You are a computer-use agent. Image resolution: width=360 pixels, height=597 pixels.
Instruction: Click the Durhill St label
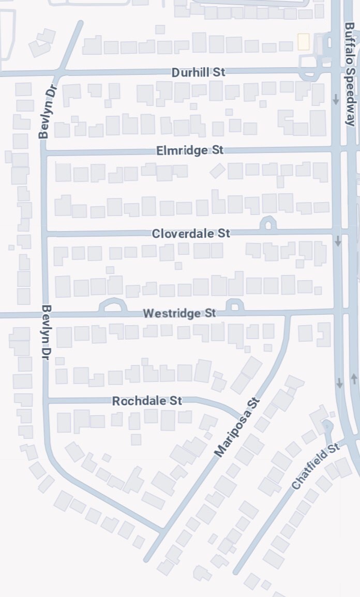pos(198,72)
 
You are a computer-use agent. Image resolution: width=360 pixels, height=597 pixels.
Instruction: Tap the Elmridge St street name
pos(189,150)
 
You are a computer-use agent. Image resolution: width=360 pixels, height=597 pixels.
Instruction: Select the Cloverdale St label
pos(190,234)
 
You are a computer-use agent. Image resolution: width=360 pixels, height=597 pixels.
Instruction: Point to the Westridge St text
pos(179,313)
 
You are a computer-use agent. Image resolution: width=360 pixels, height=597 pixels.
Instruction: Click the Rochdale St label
pos(147,401)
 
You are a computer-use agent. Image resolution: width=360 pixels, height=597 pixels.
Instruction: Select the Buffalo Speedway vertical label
pos(350,74)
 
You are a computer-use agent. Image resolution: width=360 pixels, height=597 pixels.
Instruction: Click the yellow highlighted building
pos(303,42)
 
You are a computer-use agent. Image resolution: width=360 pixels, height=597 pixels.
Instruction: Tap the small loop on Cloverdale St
pos(268,223)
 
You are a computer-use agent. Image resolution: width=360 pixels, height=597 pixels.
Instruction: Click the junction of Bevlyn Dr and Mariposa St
pos(163,530)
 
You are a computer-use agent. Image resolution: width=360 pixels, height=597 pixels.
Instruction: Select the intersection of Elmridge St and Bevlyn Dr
pos(44,152)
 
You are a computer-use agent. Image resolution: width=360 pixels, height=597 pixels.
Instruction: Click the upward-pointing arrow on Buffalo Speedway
pos(354,379)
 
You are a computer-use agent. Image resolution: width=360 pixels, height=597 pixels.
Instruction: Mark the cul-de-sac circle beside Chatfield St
pos(327,426)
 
